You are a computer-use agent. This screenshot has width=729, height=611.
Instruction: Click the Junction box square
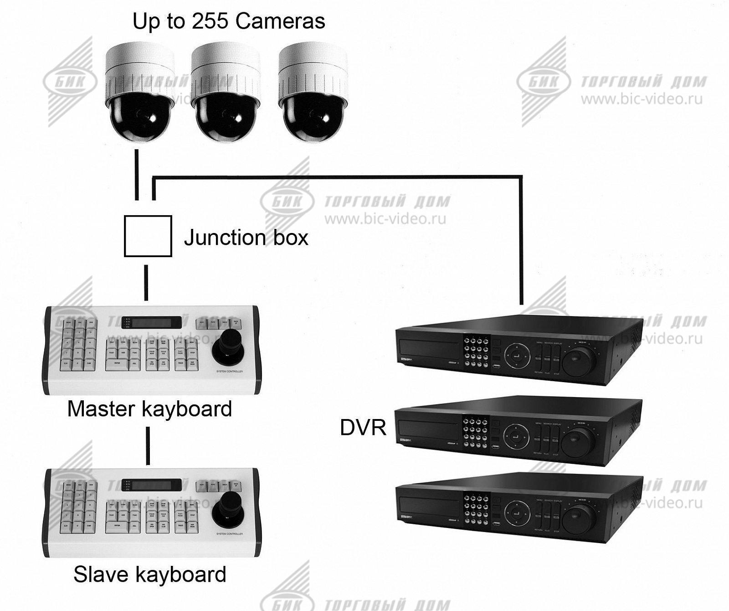(148, 236)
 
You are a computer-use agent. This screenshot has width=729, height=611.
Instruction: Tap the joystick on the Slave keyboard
(228, 511)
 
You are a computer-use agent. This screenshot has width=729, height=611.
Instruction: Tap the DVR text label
(363, 428)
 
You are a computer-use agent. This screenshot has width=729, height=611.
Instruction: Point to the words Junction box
(246, 238)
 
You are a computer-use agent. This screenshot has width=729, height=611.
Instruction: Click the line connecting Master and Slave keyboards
(148, 445)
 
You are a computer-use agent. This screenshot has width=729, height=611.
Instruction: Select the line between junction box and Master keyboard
(146, 282)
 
